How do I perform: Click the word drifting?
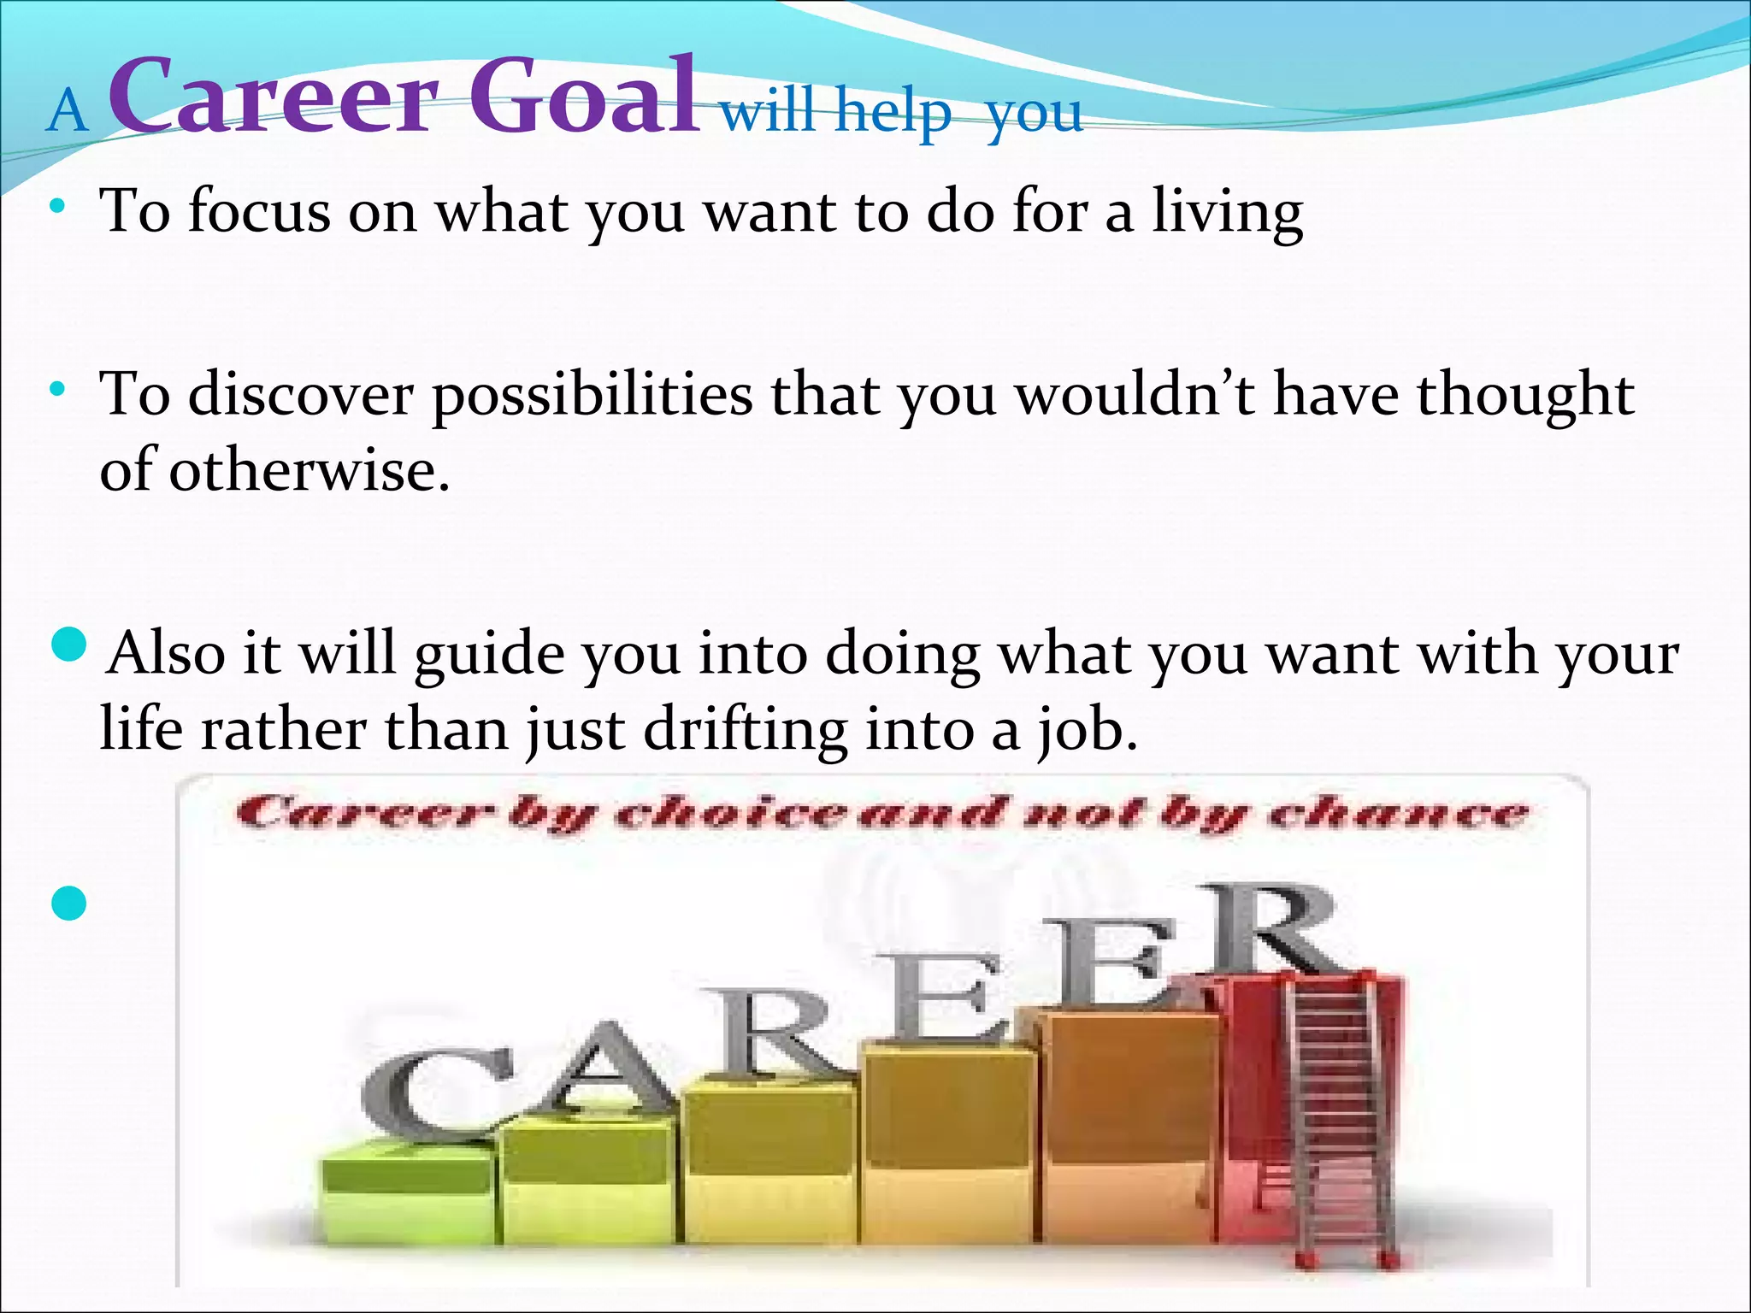pos(745,730)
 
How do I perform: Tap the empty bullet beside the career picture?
pos(69,903)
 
